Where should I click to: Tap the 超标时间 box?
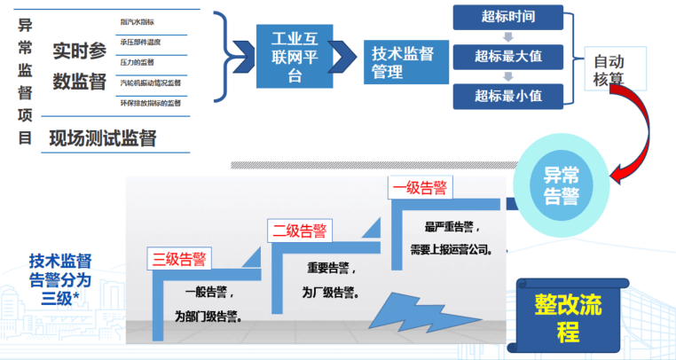coord(507,17)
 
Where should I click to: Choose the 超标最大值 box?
coord(507,57)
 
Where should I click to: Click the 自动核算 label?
coord(609,71)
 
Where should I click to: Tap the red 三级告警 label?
coord(179,260)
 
